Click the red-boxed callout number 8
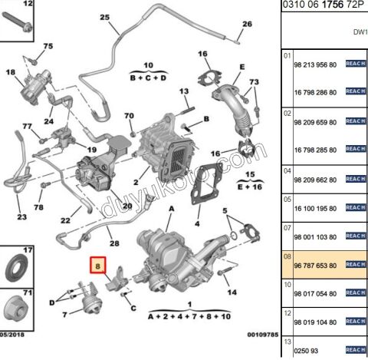point(97,266)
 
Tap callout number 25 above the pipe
point(104,18)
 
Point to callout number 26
point(247,24)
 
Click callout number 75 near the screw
point(48,48)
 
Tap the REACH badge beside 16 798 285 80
point(355,148)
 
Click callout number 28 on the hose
point(115,243)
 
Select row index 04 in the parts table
point(288,170)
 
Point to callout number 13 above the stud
point(183,92)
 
